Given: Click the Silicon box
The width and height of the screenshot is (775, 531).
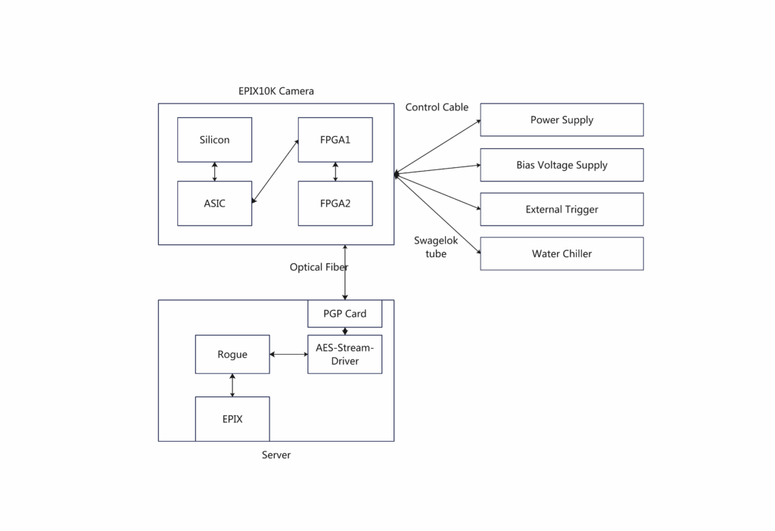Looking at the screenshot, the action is coord(214,140).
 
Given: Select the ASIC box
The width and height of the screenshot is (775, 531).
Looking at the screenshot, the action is coord(214,203).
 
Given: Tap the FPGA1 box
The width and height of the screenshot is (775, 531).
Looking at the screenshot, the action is coord(335,140).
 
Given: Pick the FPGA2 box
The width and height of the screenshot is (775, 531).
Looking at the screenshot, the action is coord(335,203).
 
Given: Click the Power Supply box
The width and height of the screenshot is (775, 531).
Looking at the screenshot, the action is coord(562,120).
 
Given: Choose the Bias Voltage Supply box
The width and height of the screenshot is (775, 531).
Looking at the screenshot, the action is coord(562,165).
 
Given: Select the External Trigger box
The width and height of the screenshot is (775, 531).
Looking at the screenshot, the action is coord(562,210).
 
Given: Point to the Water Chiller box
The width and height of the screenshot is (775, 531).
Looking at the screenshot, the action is coord(562,254).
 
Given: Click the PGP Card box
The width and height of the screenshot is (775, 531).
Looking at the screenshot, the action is coord(345,314).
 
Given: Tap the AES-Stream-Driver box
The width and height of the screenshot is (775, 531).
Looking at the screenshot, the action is coord(345,354).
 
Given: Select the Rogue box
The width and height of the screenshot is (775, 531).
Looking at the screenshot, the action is coord(232,354).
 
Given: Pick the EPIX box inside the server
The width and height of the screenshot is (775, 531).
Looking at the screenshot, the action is coord(232,419).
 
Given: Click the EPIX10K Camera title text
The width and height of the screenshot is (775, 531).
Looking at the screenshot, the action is coord(276,91).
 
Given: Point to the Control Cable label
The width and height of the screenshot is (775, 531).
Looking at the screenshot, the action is coord(437,107).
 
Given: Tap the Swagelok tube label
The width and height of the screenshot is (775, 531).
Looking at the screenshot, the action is coord(436,247).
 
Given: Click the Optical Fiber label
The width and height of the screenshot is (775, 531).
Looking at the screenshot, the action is coord(319,267).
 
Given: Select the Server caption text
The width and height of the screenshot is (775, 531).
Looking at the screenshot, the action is coord(276,455).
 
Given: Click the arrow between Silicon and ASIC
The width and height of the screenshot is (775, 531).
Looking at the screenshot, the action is coord(214,172).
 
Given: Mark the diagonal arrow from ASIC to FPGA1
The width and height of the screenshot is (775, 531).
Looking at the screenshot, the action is coord(275,172).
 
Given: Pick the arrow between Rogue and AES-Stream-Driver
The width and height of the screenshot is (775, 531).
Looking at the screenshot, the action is coord(288,354).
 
